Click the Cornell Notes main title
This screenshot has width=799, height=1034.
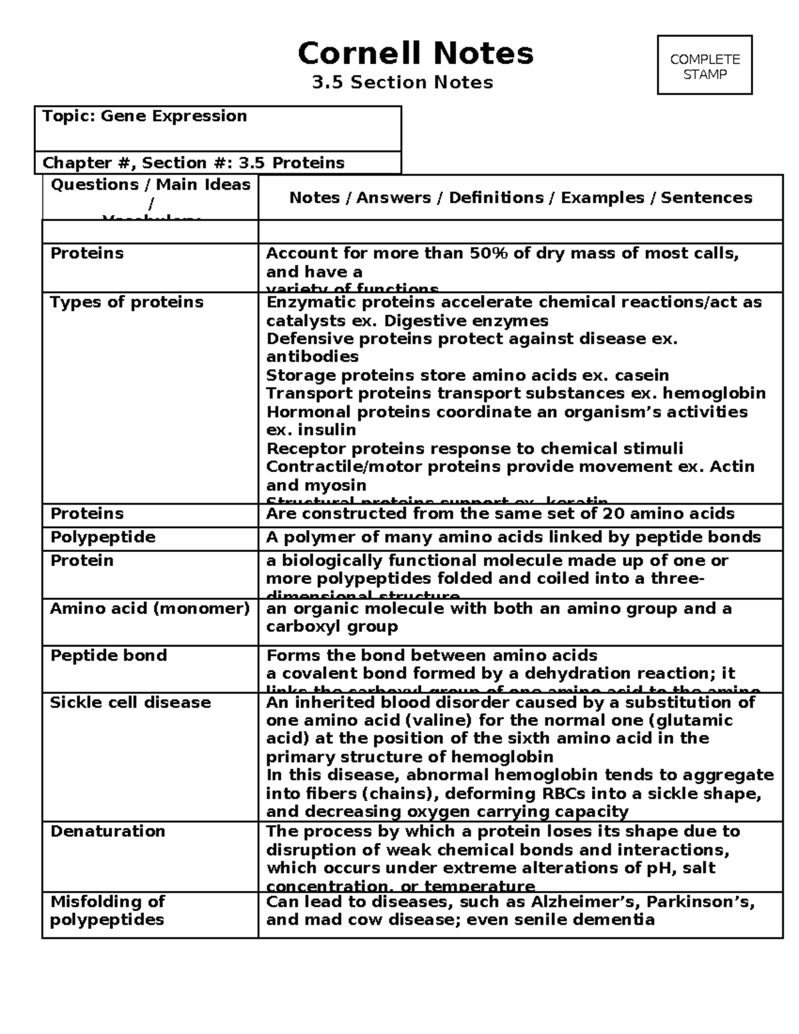415,53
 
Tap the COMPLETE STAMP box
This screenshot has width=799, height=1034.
704,66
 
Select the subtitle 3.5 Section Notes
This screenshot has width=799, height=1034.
403,83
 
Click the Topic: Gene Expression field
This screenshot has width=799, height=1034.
144,117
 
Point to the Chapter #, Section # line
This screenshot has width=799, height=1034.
193,163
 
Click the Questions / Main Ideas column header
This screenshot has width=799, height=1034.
150,185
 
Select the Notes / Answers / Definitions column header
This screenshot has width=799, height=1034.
520,198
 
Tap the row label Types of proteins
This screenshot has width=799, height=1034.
127,302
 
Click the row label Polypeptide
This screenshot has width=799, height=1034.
103,537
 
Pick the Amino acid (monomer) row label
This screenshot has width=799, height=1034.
150,609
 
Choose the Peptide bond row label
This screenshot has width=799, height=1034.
109,656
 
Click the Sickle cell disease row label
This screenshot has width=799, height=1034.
131,702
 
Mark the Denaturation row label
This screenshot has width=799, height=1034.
108,832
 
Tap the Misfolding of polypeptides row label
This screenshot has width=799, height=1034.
107,910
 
